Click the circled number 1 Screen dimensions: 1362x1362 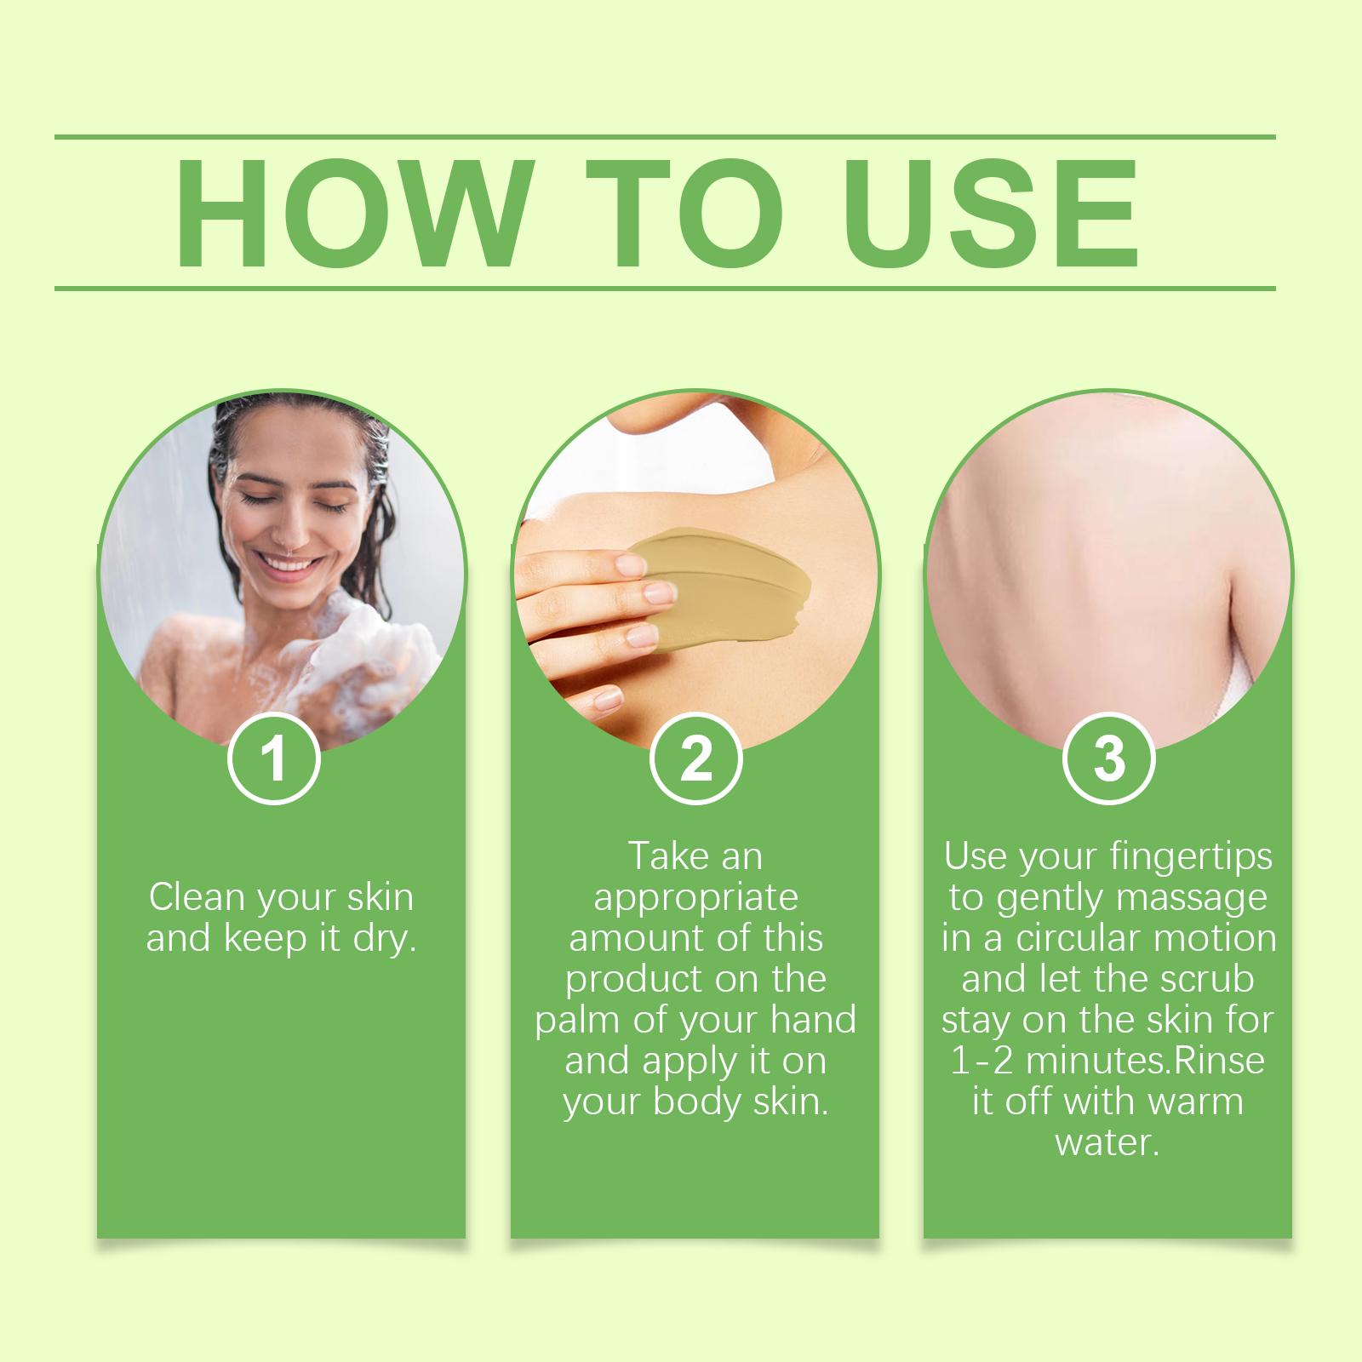274,758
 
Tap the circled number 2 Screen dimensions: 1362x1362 696,758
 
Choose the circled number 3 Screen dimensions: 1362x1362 1109,758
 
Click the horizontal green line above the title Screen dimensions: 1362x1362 665,137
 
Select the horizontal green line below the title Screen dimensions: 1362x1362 665,289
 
